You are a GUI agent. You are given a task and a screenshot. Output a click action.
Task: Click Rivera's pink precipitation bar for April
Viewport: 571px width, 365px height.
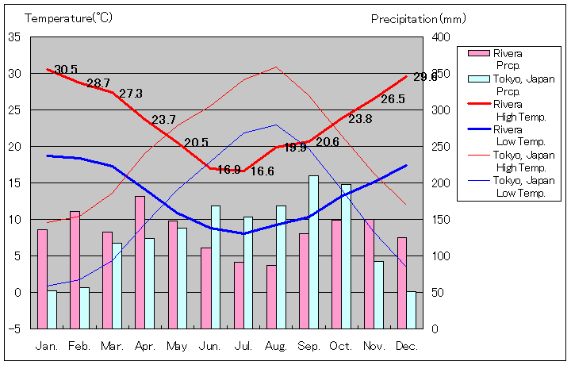[140, 262]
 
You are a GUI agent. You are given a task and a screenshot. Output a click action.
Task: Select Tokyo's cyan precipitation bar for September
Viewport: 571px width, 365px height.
[313, 252]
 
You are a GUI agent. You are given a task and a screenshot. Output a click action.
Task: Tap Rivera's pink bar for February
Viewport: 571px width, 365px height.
[75, 269]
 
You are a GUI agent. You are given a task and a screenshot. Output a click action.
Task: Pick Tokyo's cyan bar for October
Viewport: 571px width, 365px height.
[346, 256]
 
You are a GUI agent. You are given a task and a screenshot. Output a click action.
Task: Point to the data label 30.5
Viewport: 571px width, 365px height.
[66, 70]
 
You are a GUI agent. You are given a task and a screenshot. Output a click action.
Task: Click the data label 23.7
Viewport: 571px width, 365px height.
[163, 120]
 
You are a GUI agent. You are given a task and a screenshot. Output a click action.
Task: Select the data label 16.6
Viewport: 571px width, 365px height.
[263, 171]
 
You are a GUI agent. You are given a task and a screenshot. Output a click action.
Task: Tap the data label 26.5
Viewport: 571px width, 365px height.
[393, 99]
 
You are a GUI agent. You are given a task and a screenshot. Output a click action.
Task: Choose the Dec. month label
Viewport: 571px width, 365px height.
[406, 346]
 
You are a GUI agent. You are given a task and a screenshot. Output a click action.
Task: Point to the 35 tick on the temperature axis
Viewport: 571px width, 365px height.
[15, 37]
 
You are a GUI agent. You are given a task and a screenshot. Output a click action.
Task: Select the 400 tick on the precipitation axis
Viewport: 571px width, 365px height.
[441, 37]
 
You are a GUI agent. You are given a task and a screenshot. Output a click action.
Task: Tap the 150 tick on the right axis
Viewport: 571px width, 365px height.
[441, 220]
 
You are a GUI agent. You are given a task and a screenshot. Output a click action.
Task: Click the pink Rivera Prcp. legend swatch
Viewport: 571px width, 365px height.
[477, 53]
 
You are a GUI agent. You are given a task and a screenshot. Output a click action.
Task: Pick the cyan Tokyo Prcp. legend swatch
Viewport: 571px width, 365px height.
[477, 79]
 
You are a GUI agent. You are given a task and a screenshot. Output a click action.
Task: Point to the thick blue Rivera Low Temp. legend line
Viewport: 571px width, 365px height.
[477, 129]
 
